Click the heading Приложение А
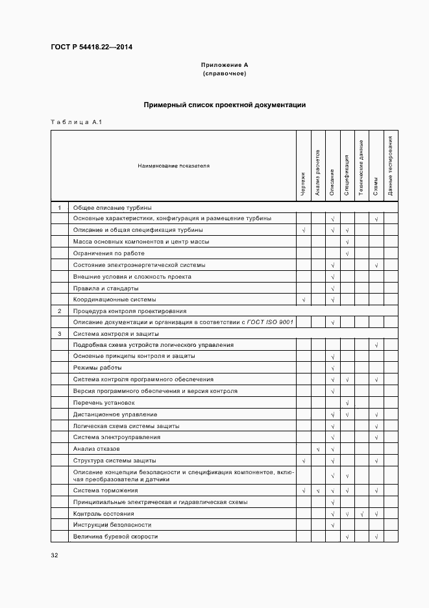click(x=225, y=65)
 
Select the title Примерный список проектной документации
click(x=225, y=105)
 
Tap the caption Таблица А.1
click(x=76, y=122)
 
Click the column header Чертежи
click(x=303, y=184)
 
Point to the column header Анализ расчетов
click(x=317, y=172)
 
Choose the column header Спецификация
click(x=347, y=175)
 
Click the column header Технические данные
click(x=362, y=167)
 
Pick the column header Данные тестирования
click(x=390, y=166)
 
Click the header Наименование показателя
click(x=173, y=166)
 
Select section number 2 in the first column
click(x=60, y=310)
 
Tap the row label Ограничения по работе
click(x=109, y=253)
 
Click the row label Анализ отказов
click(x=97, y=449)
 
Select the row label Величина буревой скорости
click(x=116, y=537)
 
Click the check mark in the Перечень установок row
click(x=348, y=403)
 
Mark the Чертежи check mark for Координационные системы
click(x=303, y=299)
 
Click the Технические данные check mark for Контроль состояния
click(x=362, y=514)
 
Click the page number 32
click(x=55, y=555)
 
